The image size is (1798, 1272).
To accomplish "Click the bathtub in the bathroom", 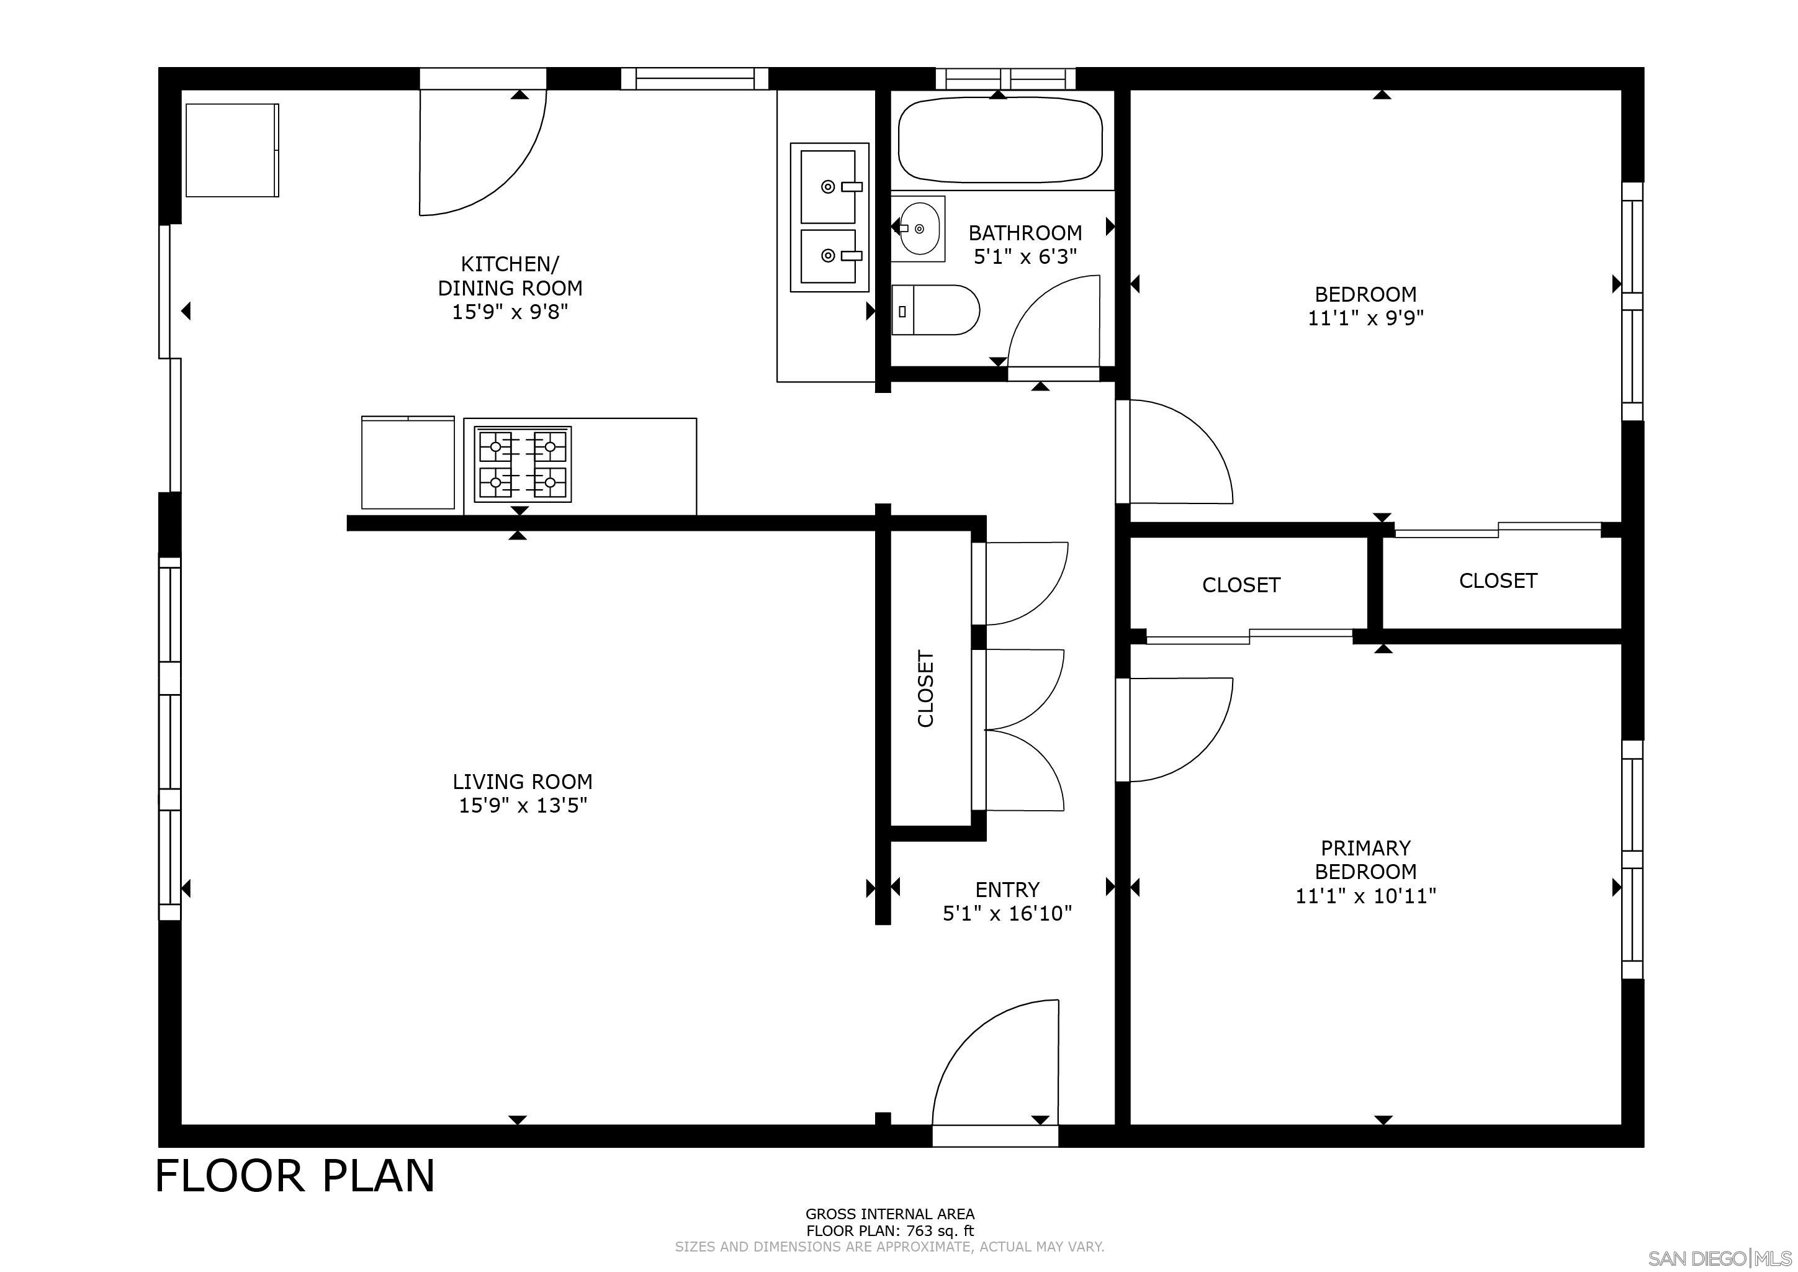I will pyautogui.click(x=1000, y=140).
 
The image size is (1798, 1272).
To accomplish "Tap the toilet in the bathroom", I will pyautogui.click(x=937, y=310).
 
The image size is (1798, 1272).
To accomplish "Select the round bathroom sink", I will pyautogui.click(x=918, y=228).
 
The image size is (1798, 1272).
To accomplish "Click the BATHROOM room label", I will pyautogui.click(x=1025, y=233).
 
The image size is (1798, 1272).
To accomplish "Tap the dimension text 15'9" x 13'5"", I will pyautogui.click(x=523, y=806).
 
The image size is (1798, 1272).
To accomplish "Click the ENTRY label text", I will pyautogui.click(x=1007, y=890).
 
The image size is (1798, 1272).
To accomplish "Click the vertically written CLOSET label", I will pyautogui.click(x=925, y=688).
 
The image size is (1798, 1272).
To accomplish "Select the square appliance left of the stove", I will pyautogui.click(x=407, y=463).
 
